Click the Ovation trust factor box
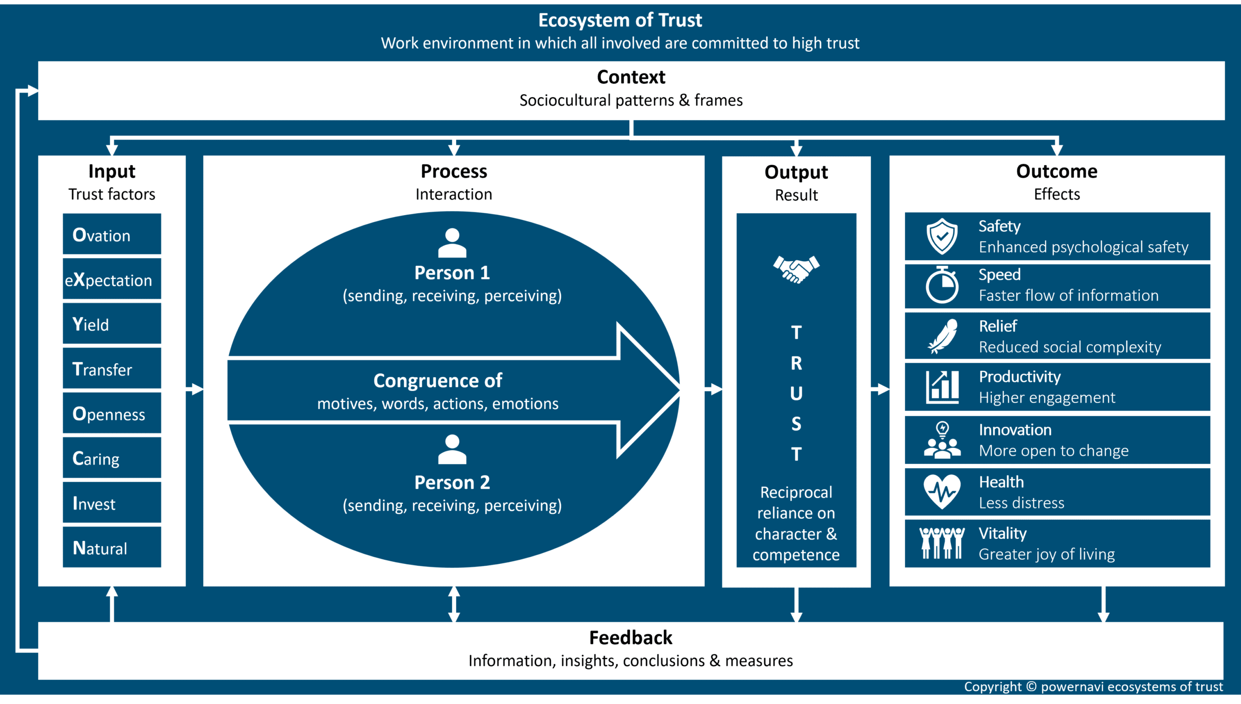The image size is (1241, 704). click(x=112, y=234)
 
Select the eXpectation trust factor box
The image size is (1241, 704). click(x=112, y=279)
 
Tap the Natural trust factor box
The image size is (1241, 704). click(x=112, y=547)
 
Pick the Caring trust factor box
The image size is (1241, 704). click(x=112, y=458)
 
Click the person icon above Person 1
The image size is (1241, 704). click(x=452, y=243)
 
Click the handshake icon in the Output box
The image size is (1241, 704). click(x=796, y=269)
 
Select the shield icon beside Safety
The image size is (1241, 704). click(x=942, y=236)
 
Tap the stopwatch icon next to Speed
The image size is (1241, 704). click(x=942, y=285)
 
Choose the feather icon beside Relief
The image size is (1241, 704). click(x=943, y=336)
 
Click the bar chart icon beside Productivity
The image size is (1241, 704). click(x=942, y=387)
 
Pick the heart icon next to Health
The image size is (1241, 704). click(x=942, y=491)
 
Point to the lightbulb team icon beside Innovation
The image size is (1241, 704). click(x=942, y=441)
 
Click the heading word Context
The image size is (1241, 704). click(x=631, y=77)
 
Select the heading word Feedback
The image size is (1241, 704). click(x=630, y=638)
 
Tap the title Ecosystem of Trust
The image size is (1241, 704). click(x=620, y=20)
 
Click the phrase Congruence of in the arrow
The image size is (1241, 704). click(x=437, y=381)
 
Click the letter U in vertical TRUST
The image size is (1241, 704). click(x=796, y=394)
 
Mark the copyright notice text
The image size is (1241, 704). click(x=1093, y=687)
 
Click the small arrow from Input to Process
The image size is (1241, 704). click(x=194, y=388)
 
